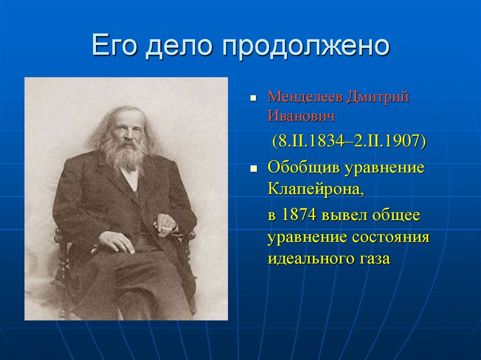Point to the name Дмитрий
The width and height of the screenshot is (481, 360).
[x=379, y=97]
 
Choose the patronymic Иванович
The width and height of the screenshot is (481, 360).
[x=301, y=116]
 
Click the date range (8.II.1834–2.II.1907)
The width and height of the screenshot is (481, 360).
[x=349, y=141]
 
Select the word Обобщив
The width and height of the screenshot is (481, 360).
[x=303, y=168]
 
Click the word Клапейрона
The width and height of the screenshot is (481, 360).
[x=316, y=189]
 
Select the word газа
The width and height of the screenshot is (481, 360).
[x=374, y=259]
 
